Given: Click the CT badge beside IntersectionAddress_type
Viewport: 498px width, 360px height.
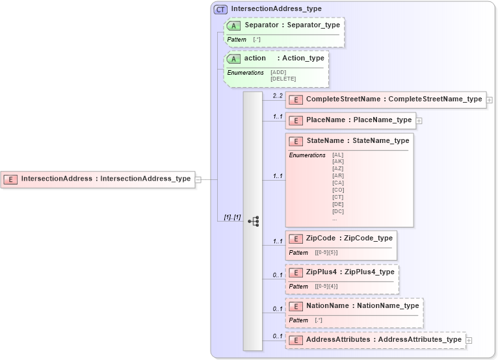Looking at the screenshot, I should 220,9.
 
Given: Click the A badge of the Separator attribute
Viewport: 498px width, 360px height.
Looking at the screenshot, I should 234,25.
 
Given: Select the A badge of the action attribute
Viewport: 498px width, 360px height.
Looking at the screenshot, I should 234,58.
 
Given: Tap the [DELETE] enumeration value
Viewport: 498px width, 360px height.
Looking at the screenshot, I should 283,79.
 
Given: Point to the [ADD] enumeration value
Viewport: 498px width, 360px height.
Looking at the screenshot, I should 278,73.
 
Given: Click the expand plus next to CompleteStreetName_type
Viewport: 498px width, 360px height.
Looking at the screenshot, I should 490,100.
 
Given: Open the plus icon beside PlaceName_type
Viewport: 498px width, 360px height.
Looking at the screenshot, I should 419,120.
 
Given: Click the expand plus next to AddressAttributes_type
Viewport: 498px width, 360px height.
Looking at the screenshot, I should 469,340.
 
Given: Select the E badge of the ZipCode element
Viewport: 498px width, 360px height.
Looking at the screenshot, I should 295,238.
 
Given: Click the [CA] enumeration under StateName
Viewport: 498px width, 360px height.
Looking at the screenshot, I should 337,183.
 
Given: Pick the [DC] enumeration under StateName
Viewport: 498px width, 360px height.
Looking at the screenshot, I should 337,211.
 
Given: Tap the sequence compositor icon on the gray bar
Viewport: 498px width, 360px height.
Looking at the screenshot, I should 254,221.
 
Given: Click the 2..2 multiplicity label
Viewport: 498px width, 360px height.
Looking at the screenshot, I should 278,96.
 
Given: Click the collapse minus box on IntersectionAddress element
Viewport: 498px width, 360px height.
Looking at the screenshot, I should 198,179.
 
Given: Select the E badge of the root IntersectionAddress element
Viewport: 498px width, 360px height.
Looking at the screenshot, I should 10,179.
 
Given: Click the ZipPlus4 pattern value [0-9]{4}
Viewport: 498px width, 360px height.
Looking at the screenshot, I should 326,287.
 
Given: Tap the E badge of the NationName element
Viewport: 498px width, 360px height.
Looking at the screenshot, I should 295,305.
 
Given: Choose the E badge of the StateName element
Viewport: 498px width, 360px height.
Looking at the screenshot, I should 295,140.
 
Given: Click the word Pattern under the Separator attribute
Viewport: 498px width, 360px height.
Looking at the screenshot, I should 237,40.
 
